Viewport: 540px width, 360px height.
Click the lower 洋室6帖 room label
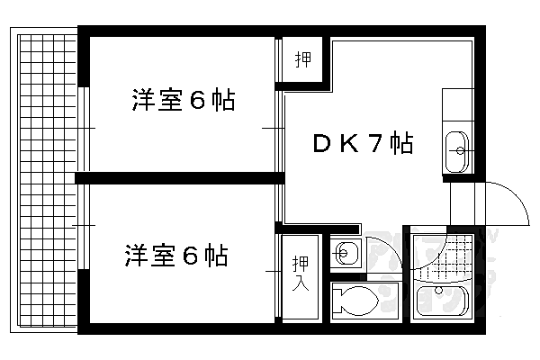[175, 256]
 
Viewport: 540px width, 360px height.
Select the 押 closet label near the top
[303, 60]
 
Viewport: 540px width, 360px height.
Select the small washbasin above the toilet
[346, 253]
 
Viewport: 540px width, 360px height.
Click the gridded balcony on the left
[45, 180]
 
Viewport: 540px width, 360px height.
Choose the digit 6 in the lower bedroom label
[191, 256]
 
